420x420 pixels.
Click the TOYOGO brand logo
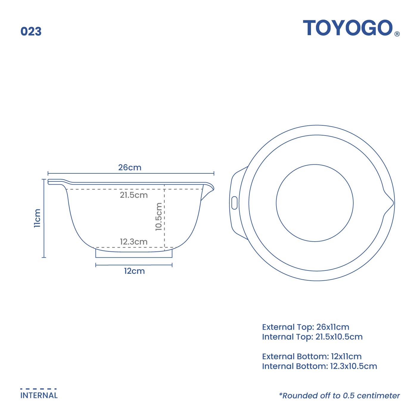click(348, 28)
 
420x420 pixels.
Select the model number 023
click(31, 32)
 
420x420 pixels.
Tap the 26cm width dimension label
click(130, 167)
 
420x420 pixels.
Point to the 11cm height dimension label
click(37, 218)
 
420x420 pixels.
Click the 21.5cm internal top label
click(134, 195)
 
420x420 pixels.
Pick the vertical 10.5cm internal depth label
click(159, 217)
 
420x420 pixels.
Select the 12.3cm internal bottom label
click(134, 242)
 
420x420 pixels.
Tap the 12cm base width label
click(134, 271)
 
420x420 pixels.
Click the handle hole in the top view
click(234, 203)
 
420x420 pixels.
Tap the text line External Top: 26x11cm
click(305, 327)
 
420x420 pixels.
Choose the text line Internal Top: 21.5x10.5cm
click(312, 337)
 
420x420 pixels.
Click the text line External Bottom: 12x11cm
click(312, 357)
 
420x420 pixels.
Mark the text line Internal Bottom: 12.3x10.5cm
click(319, 366)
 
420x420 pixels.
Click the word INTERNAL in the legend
click(39, 396)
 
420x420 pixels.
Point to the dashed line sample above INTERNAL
click(38, 389)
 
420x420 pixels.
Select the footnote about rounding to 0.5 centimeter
click(339, 396)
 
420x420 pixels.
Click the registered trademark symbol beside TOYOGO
click(397, 34)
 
